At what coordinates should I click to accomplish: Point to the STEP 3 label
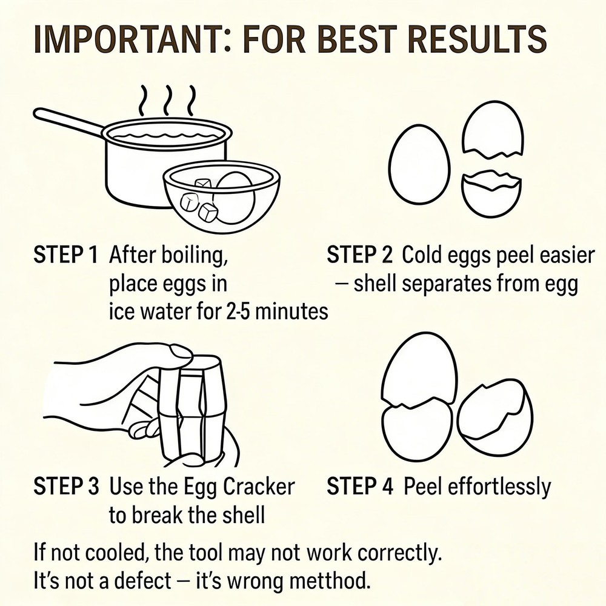coord(66,486)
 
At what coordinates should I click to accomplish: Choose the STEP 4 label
coord(360,486)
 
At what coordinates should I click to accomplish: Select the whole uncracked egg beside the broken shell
coord(419,164)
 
